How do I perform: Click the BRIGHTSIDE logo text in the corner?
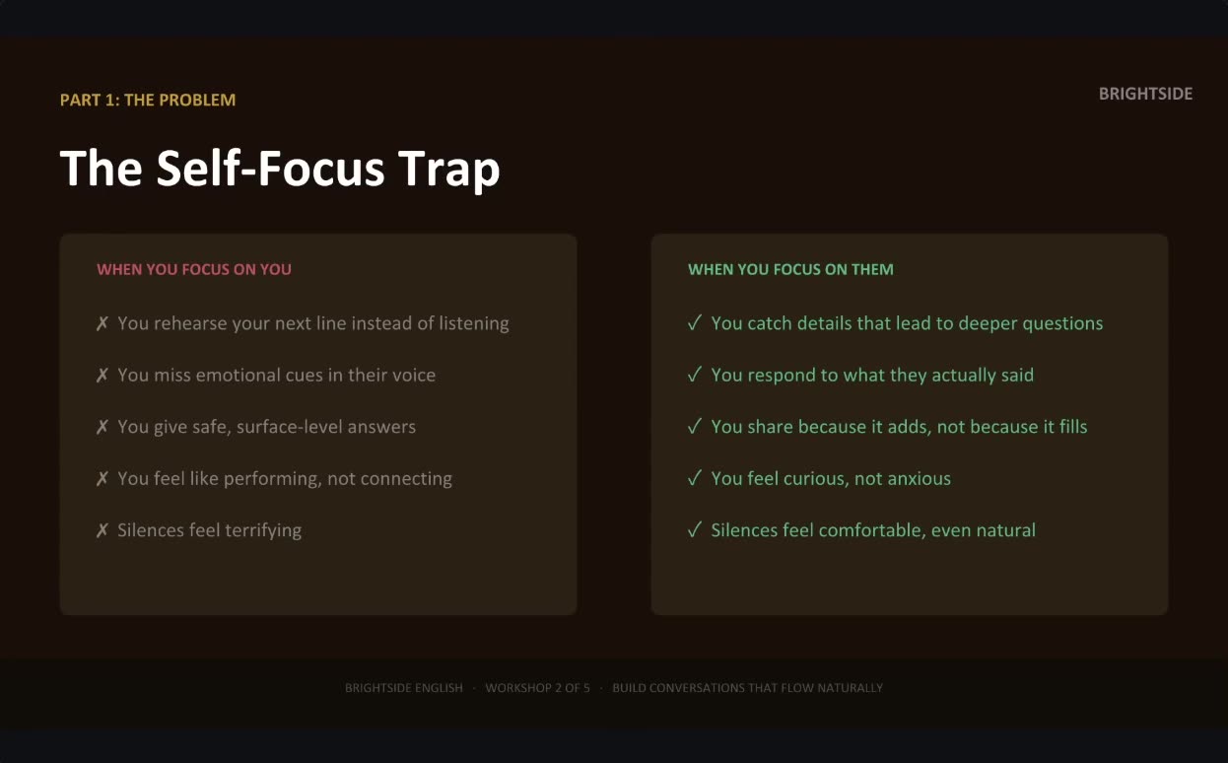click(x=1145, y=94)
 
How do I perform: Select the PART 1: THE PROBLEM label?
click(x=148, y=100)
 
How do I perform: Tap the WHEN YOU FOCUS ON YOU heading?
click(x=194, y=269)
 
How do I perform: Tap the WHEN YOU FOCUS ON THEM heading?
click(x=790, y=269)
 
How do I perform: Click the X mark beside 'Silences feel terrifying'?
click(x=102, y=530)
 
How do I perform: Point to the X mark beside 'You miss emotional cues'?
click(x=102, y=376)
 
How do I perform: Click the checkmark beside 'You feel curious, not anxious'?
click(x=695, y=478)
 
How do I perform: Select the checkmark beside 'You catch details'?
click(x=695, y=322)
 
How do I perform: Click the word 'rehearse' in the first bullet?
click(x=190, y=323)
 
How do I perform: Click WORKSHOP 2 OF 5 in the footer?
click(x=537, y=688)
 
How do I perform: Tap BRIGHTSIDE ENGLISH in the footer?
click(x=404, y=688)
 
